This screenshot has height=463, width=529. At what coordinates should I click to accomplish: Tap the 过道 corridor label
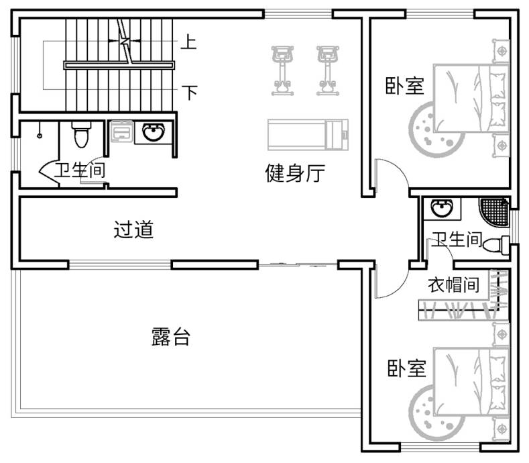(x=133, y=230)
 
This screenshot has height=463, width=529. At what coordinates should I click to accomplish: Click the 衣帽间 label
(x=454, y=285)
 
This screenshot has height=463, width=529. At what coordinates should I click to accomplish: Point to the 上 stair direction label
(x=188, y=42)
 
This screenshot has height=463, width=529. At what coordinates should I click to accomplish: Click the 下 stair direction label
(x=190, y=92)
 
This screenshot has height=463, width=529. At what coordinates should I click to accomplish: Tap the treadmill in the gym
(x=308, y=134)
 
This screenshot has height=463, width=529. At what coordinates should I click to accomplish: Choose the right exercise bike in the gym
(x=327, y=69)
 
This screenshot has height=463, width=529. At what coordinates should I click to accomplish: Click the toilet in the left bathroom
(x=81, y=134)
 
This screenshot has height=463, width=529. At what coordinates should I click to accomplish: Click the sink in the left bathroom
(x=154, y=133)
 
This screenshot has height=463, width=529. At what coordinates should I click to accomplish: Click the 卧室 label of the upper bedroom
(x=404, y=86)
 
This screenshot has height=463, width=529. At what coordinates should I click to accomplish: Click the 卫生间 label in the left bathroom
(x=80, y=170)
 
